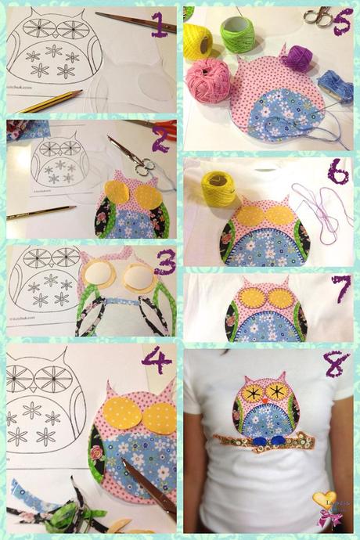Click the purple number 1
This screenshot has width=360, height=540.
(x=159, y=26)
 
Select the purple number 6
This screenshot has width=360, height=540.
(x=338, y=171)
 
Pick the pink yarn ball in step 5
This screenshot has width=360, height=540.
(x=207, y=78)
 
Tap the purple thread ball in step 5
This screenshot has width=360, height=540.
(x=297, y=58)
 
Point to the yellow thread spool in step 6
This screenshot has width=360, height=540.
(x=218, y=188)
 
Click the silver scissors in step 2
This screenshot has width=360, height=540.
(x=131, y=156)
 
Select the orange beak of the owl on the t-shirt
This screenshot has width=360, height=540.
(x=265, y=398)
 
